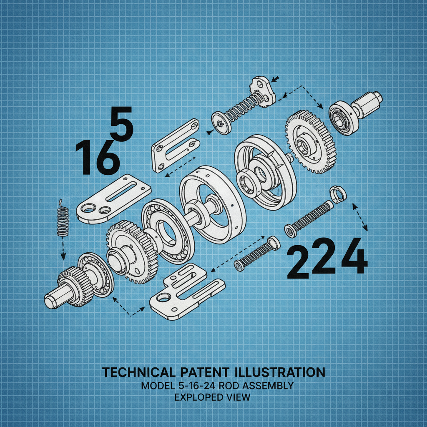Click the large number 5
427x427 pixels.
pyautogui.click(x=121, y=123)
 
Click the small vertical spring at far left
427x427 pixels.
pyautogui.click(x=63, y=218)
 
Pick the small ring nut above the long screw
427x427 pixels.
pyautogui.click(x=337, y=193)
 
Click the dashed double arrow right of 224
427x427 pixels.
pyautogui.click(x=360, y=217)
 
